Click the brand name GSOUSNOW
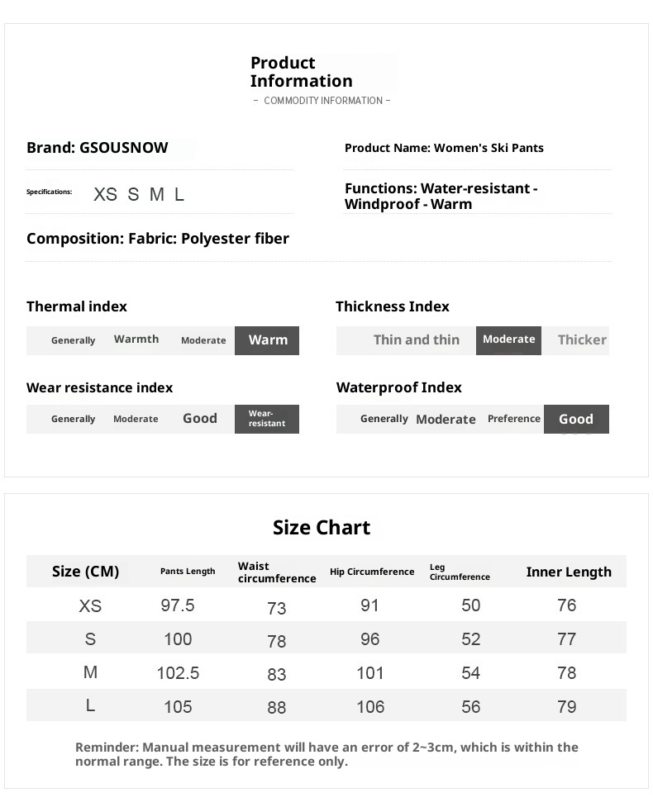pos(123,148)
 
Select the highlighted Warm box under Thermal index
pos(267,340)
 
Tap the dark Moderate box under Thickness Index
pos(508,339)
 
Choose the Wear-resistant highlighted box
pos(267,419)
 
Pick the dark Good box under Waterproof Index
pos(576,419)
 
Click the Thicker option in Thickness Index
pos(582,339)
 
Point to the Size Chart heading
pos(322,528)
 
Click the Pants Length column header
pos(188,572)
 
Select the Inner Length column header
pos(569,572)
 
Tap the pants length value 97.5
pos(178,605)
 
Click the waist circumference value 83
pos(277,674)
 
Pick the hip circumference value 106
pos(370,707)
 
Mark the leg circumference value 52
pos(471,639)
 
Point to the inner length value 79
pos(567,707)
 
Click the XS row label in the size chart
pos(90,606)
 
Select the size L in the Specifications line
pos(179,195)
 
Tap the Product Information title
pos(301,72)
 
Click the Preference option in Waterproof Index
pos(513,419)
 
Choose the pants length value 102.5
pos(178,673)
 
